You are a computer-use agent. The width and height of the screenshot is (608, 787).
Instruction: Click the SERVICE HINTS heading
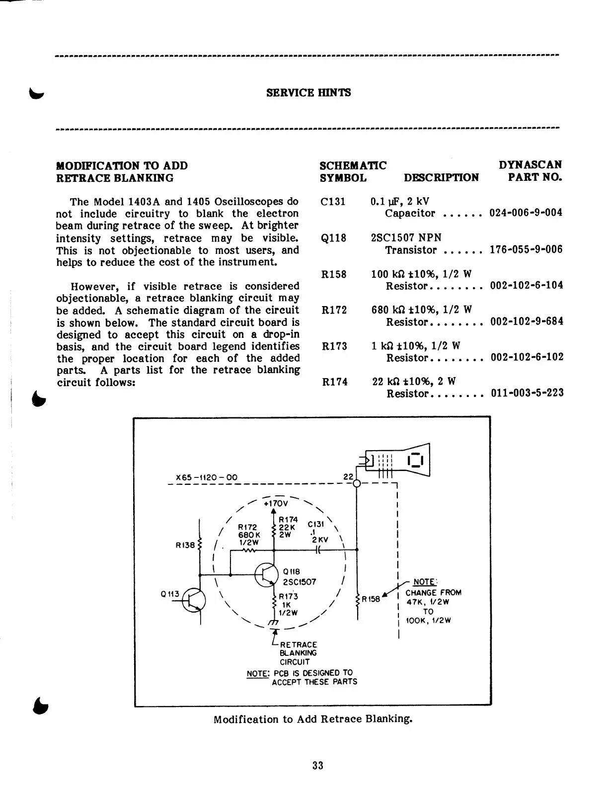point(308,92)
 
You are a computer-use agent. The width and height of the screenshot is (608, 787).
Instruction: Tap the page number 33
point(318,765)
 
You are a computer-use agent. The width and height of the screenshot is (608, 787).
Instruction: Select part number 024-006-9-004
point(526,213)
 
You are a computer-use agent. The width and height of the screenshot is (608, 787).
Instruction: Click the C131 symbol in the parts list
point(333,202)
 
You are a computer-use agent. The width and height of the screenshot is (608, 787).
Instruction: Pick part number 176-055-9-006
point(526,249)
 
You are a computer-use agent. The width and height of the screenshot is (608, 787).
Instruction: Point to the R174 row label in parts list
point(334,382)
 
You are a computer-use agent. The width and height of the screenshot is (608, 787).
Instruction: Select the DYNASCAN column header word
point(530,165)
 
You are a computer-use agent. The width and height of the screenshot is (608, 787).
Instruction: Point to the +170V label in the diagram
point(273,503)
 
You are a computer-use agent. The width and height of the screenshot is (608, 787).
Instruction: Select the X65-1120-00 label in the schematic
point(206,478)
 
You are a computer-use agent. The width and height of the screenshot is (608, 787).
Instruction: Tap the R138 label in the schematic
point(185,545)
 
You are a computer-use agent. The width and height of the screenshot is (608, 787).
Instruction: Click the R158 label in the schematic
point(371,599)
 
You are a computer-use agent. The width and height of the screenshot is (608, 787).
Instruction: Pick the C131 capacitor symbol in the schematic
point(318,550)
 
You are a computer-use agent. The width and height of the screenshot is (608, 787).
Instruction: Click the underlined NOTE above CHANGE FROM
point(424,582)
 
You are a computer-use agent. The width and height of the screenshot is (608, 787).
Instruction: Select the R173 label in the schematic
point(288,596)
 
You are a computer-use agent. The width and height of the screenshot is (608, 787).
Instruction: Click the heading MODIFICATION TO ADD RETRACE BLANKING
point(122,171)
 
